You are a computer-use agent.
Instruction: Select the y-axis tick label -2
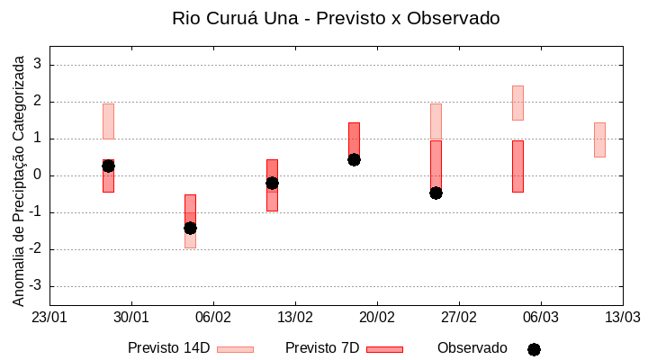click(x=36, y=249)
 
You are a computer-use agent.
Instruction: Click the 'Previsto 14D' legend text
click(x=168, y=348)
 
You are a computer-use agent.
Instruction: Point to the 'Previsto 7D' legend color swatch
click(x=384, y=349)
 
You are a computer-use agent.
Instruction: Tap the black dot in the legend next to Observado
click(x=534, y=349)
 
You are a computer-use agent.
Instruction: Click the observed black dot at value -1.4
click(x=190, y=228)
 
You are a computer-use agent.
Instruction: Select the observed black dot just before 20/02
click(x=354, y=159)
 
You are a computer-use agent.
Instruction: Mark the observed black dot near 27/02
click(x=436, y=193)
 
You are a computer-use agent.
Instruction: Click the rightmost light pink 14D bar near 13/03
click(x=599, y=139)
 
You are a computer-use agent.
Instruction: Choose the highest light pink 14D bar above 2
click(x=517, y=103)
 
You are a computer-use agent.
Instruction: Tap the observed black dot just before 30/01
click(x=108, y=166)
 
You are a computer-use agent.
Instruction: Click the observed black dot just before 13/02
click(x=272, y=183)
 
